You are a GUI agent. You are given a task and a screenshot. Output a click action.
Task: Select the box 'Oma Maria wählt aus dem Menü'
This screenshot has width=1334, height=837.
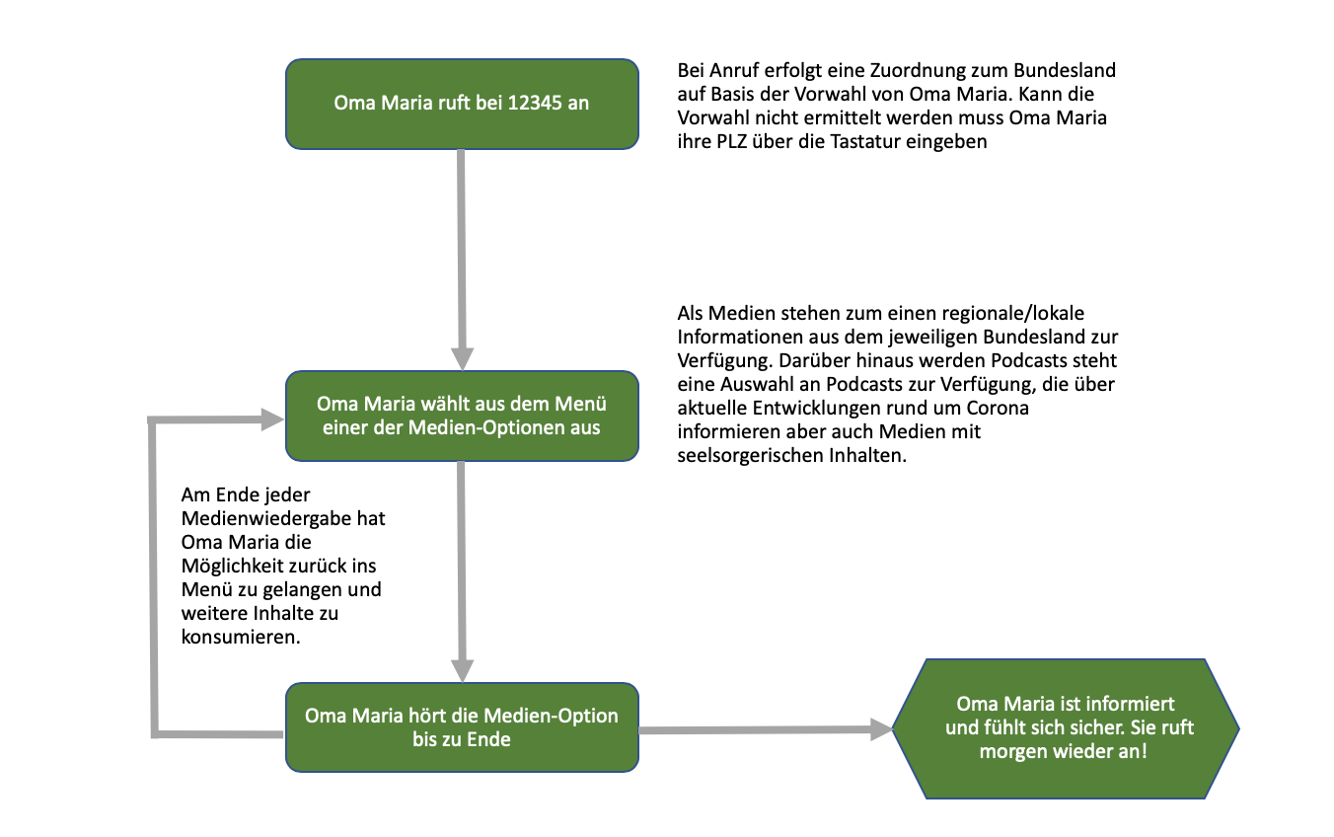(462, 416)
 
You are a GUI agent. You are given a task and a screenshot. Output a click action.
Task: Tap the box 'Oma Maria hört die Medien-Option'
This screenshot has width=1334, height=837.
(462, 726)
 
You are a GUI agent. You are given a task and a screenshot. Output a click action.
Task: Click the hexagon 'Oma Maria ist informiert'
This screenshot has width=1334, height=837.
(1066, 727)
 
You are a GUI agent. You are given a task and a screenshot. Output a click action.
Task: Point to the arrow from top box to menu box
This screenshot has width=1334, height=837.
(462, 257)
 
